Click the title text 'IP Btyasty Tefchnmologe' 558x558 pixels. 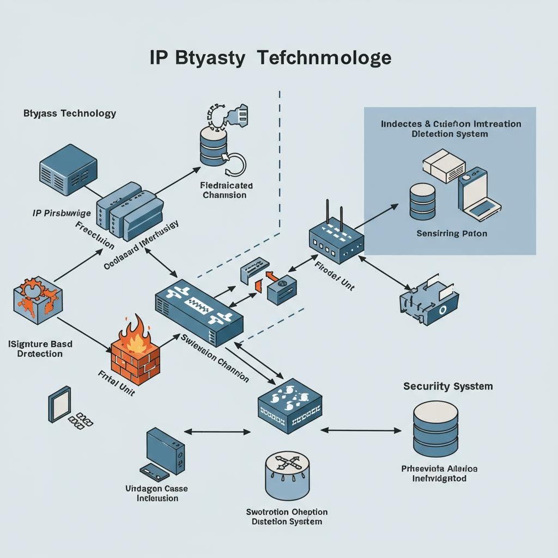tap(270, 58)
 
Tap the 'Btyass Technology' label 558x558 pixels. tap(70, 113)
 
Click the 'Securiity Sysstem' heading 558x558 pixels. tap(448, 386)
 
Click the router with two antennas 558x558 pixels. tap(333, 235)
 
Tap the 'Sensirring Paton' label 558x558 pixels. tap(452, 233)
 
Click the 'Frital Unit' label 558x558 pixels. tap(117, 380)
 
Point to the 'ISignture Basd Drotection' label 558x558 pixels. tap(40, 349)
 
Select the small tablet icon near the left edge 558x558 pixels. tap(59, 403)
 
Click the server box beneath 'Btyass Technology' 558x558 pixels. tap(68, 169)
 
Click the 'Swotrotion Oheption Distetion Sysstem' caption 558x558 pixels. tap(287, 517)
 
